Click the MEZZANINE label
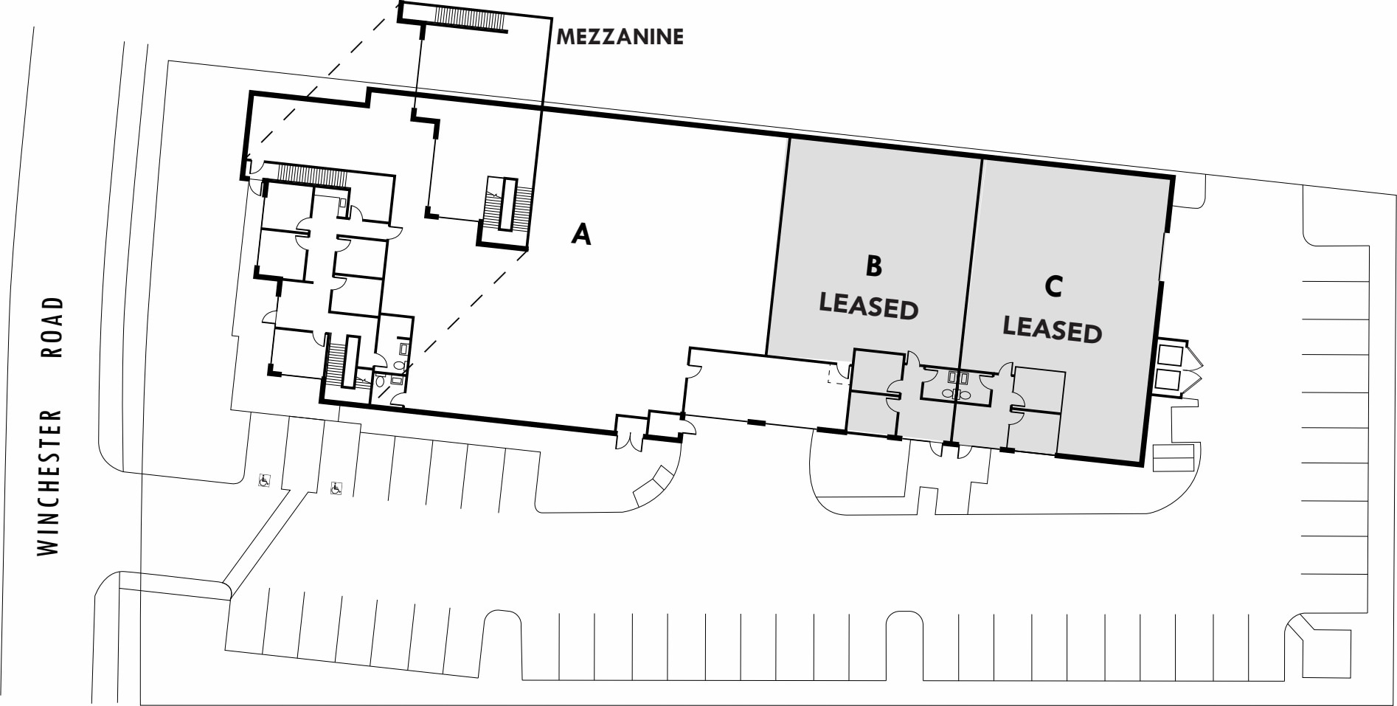point(620,36)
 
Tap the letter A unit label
point(581,234)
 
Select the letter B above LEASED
point(873,266)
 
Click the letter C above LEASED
point(1053,286)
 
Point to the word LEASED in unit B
point(868,305)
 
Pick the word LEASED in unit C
point(1052,329)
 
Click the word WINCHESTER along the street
point(49,483)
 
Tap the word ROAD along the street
point(52,327)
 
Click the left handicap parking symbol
point(263,481)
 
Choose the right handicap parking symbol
point(336,488)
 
